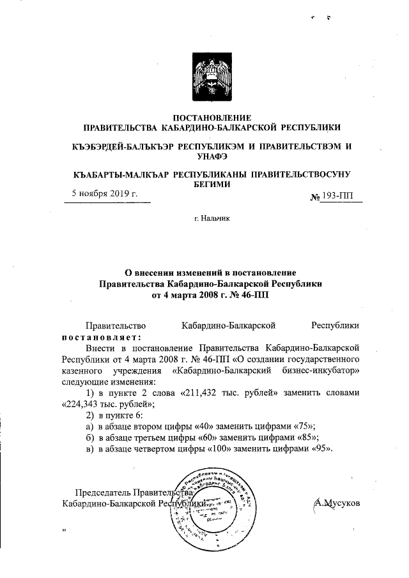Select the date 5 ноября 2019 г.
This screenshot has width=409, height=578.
click(104, 193)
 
